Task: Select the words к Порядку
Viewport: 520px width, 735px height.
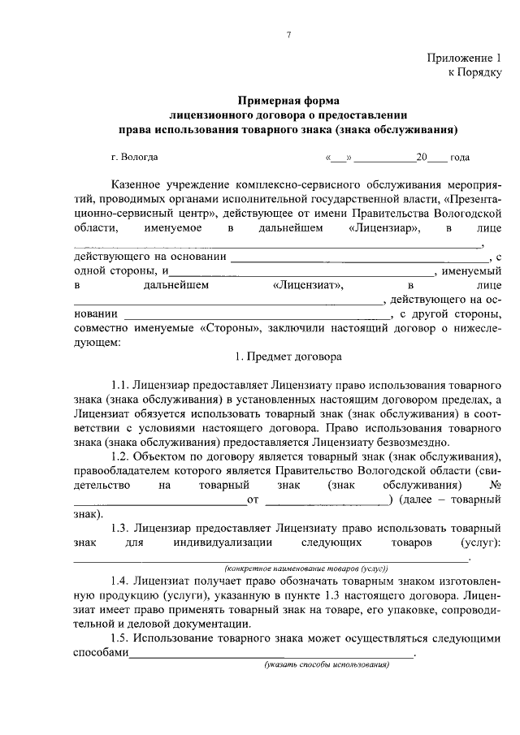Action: click(x=475, y=72)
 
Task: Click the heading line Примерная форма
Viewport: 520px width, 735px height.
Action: click(x=288, y=102)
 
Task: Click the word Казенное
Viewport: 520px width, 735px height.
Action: click(x=139, y=186)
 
